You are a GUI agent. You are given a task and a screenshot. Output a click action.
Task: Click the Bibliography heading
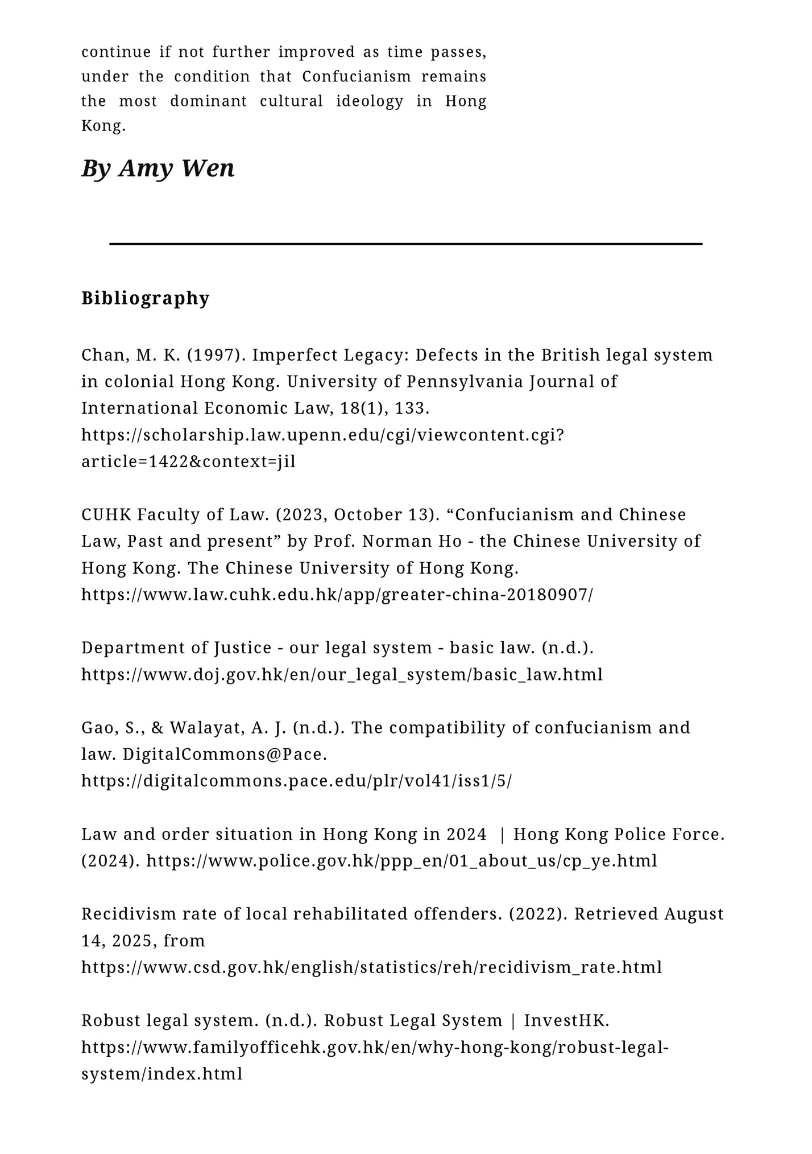(x=145, y=298)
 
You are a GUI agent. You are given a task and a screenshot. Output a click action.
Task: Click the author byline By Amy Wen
(x=158, y=168)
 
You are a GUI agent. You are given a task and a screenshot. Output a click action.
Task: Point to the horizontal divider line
(x=405, y=244)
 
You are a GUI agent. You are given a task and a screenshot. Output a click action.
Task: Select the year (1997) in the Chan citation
(x=217, y=355)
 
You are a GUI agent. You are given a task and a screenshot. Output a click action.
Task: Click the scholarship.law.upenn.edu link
(x=322, y=435)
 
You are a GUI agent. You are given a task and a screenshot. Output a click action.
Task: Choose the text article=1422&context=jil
(x=188, y=461)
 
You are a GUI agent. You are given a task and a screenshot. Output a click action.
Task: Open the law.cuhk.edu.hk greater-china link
(x=337, y=595)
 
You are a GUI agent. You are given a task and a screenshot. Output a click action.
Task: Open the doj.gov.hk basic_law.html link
(x=342, y=674)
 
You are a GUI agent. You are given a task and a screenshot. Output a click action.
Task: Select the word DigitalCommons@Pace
(x=225, y=755)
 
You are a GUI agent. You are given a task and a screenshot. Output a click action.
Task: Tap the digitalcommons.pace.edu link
(x=296, y=781)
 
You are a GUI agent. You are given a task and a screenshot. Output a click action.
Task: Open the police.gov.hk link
(x=401, y=861)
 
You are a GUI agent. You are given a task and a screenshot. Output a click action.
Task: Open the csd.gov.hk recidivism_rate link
(x=371, y=967)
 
